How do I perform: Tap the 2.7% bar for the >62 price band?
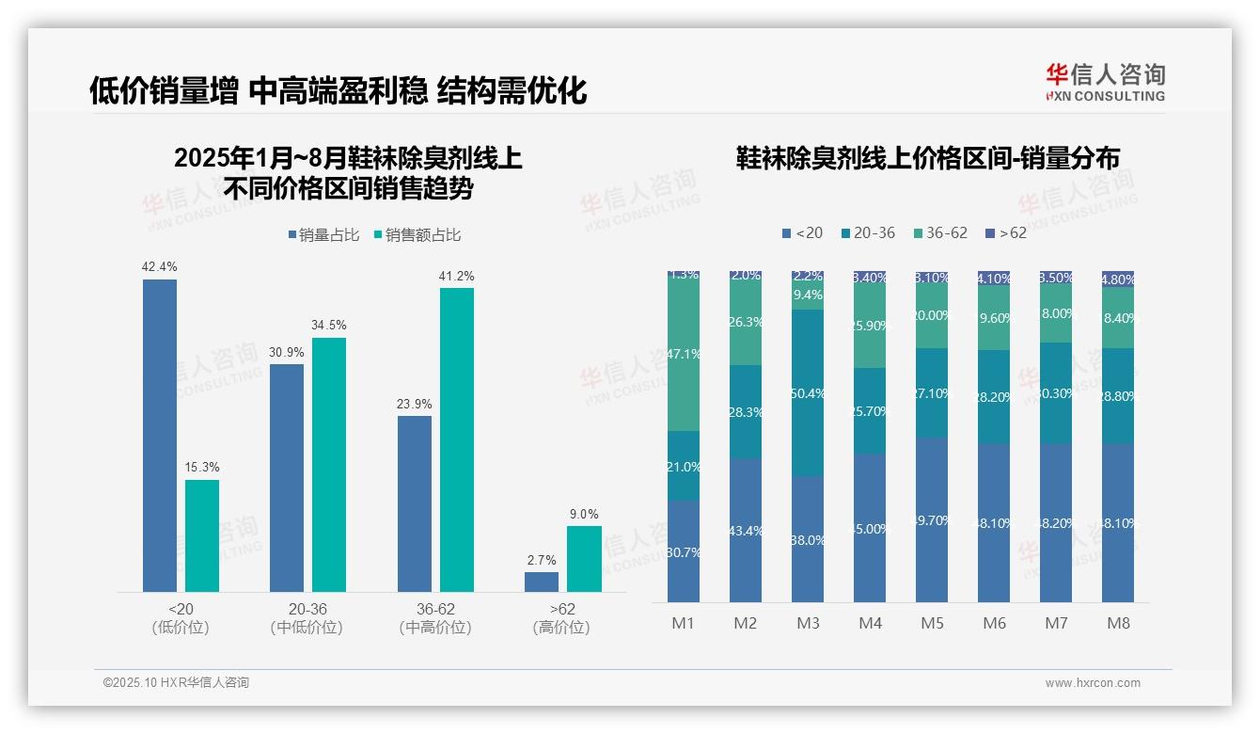[542, 582]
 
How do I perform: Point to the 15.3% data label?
[202, 467]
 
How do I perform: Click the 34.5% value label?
[329, 325]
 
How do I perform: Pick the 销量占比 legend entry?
[323, 235]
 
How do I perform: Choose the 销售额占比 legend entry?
[417, 235]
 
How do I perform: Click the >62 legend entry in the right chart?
[1005, 232]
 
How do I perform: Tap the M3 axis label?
[808, 623]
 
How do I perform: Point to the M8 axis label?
[1118, 623]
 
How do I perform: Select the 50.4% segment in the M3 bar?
[808, 392]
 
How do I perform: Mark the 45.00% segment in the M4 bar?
[870, 528]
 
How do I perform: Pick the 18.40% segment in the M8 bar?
[1118, 318]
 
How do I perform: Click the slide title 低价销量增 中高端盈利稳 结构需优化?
[339, 90]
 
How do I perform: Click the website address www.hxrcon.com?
[1093, 683]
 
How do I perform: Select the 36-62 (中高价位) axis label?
[435, 618]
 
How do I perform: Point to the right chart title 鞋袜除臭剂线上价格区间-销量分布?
[928, 159]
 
